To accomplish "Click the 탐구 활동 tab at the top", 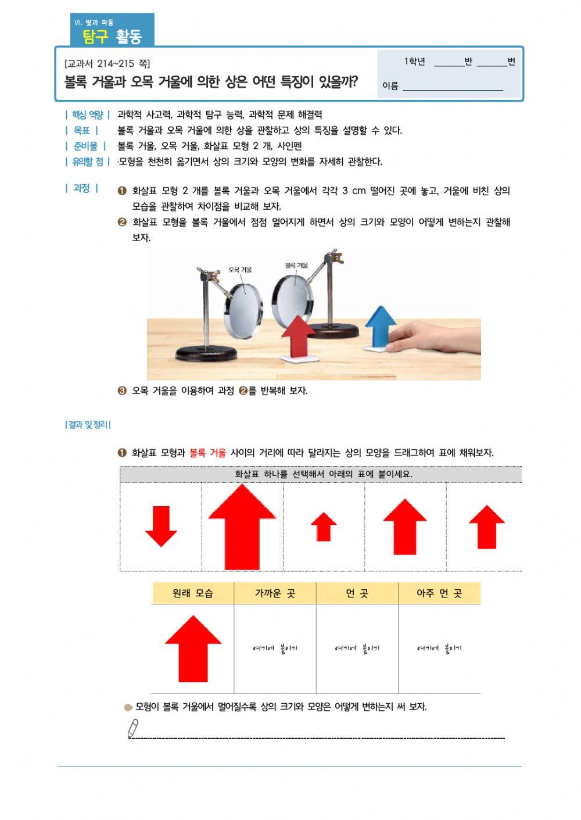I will coord(112,37).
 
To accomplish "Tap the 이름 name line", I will coord(453,86).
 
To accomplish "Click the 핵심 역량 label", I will coord(87,115).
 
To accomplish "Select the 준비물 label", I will coord(85,146).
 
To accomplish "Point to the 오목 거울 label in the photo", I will coord(240,270).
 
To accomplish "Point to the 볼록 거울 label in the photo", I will coord(296,266).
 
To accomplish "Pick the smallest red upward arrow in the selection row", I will coord(324,527).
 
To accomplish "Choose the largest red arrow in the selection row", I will coord(242,527).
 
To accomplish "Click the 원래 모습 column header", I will coord(193,593).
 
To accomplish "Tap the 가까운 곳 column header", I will coord(275,593).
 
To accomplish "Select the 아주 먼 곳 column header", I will coord(439,593).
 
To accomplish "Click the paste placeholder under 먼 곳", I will coord(357,649).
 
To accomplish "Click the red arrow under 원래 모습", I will coord(193,649).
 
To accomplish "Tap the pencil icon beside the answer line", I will coord(133,728).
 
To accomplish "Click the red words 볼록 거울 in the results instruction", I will coord(207,453).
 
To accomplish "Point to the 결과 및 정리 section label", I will coord(88,425).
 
